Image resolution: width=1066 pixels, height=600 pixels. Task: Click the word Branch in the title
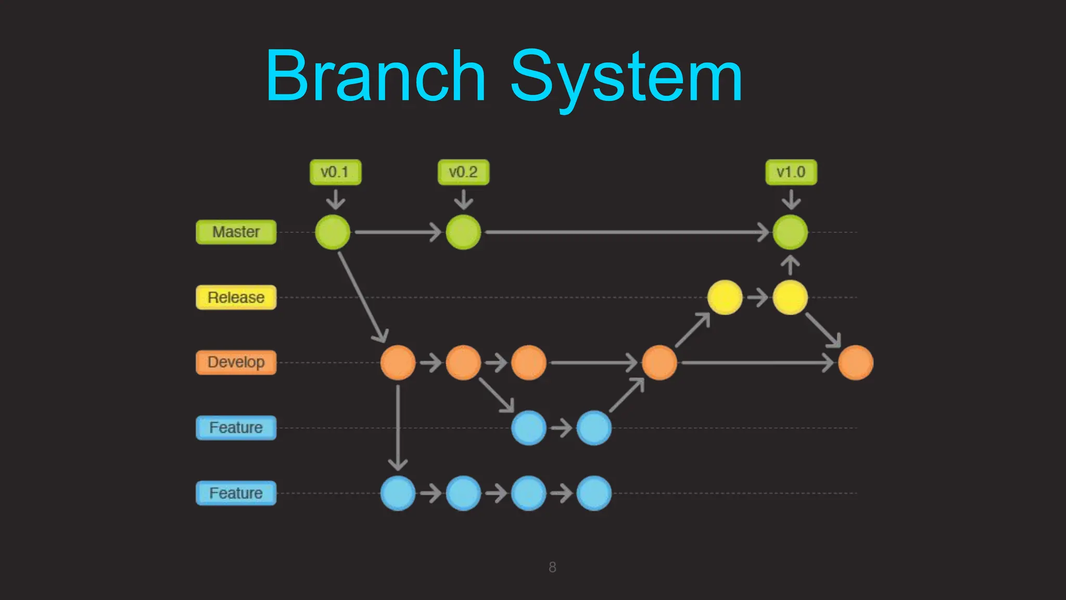pos(376,76)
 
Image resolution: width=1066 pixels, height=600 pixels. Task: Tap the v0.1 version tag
pos(335,172)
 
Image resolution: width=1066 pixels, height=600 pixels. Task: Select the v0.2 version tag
pos(463,172)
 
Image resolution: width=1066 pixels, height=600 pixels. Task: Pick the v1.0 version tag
pos(791,172)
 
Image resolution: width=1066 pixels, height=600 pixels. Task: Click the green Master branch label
pos(236,232)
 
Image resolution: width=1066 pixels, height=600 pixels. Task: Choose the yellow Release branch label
pos(236,297)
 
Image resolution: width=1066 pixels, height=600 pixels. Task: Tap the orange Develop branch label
pos(236,362)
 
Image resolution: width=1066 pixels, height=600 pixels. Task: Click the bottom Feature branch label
pos(236,493)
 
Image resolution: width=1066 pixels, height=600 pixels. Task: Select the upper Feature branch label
pos(236,428)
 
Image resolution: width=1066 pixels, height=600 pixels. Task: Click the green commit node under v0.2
pos(463,232)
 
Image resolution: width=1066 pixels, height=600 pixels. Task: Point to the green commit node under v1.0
pos(790,232)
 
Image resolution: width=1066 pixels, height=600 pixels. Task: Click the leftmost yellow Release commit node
pos(725,297)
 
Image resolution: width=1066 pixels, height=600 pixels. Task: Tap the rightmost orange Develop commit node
pos(855,362)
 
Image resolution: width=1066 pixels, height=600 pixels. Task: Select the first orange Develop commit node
pos(398,362)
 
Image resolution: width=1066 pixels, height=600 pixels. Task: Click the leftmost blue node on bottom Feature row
pos(398,493)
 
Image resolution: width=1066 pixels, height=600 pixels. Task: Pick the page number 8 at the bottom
pos(552,567)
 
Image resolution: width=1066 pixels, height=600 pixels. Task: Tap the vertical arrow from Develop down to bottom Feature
pos(398,427)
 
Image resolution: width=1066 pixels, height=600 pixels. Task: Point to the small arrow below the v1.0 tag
pos(791,199)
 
